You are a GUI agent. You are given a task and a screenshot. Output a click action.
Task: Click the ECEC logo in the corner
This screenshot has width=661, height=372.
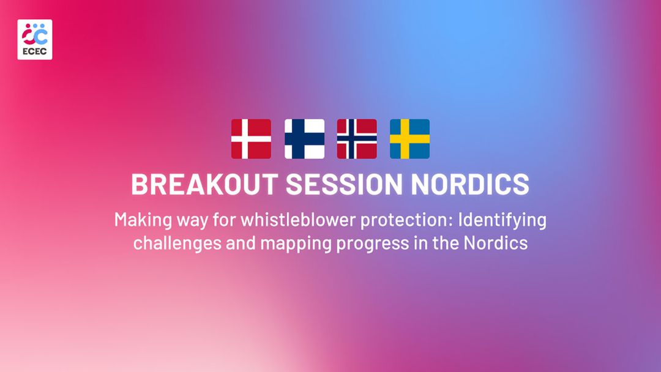click(35, 40)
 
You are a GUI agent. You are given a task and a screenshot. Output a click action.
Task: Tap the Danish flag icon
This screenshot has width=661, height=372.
click(252, 139)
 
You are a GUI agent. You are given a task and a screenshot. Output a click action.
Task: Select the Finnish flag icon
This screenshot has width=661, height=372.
click(304, 139)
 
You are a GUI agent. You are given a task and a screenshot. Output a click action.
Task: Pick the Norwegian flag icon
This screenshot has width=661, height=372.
click(357, 139)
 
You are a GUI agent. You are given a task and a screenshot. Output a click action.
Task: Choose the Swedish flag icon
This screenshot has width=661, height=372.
click(409, 139)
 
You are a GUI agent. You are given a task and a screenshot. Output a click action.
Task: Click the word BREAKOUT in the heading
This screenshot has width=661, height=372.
click(205, 184)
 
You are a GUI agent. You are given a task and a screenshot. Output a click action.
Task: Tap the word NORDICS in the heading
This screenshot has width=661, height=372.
click(470, 184)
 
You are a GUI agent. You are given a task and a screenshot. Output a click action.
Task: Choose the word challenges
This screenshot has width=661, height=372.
click(177, 244)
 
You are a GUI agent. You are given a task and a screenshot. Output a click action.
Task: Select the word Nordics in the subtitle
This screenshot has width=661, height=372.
click(496, 243)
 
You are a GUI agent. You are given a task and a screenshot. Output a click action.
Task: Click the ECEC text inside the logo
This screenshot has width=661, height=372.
click(35, 52)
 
